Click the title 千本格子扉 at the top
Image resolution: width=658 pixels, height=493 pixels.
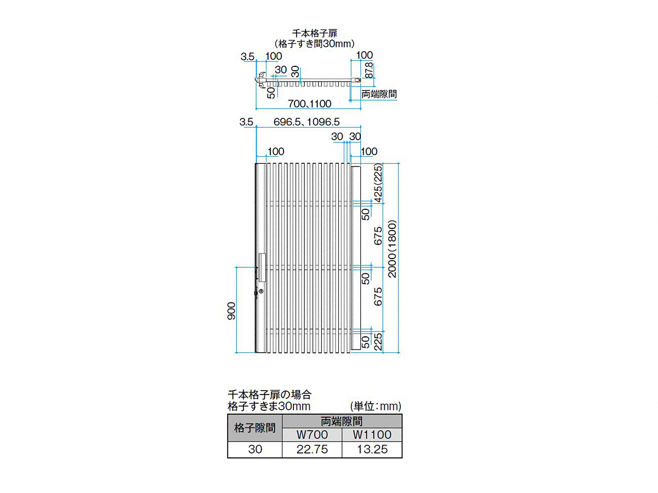pos(314,33)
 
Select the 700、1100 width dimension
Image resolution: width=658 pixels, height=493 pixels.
pos(309,104)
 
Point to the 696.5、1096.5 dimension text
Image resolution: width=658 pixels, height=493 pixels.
pos(307,122)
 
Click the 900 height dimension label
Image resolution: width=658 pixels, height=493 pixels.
pos(231,311)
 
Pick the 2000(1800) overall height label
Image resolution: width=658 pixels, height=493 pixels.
pos(392,249)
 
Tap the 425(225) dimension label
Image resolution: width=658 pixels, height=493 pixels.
pos(378,183)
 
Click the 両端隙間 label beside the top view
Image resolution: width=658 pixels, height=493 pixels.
pos(379,94)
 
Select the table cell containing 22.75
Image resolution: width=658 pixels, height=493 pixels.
pos(312,449)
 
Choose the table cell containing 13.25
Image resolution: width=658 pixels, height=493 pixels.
pos(372,449)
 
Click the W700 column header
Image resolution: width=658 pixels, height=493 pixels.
pos(312,434)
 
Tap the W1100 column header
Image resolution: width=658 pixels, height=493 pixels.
pos(372,434)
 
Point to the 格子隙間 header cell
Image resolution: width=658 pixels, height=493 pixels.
pos(255,428)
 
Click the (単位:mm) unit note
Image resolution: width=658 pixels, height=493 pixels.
pos(376,406)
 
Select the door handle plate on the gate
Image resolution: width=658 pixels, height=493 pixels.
pos(262,268)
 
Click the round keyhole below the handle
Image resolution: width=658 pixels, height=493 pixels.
pos(262,291)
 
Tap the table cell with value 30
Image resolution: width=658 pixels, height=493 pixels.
pos(255,449)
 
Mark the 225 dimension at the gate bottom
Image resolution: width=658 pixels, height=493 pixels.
pos(378,341)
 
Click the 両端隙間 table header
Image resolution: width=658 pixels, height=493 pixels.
pos(342,421)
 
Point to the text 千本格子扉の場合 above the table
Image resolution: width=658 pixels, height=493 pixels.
pos(269,394)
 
